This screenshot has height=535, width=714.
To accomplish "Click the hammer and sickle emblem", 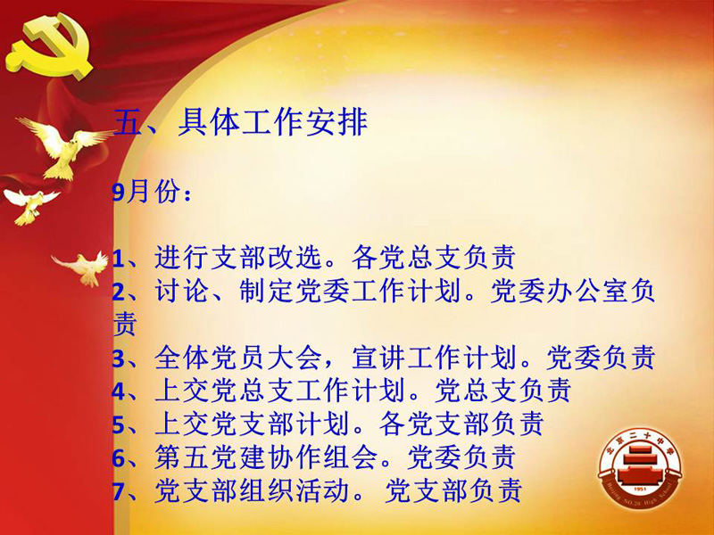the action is (x=49, y=46).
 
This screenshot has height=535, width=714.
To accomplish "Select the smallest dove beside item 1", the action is (x=82, y=268).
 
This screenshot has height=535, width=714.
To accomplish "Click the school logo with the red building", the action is (x=640, y=470).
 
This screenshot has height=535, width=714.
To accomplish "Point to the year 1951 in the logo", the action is (x=640, y=490).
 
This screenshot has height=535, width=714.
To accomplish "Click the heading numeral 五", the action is (x=129, y=122).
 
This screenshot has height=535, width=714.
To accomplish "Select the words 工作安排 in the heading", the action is (x=304, y=122).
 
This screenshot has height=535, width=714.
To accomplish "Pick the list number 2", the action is (x=119, y=292).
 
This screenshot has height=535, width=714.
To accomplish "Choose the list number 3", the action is (x=119, y=359).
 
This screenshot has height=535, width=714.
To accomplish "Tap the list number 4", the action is (x=119, y=391).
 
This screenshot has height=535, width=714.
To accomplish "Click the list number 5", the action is (x=119, y=425).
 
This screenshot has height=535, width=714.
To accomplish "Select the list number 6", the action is (x=119, y=458).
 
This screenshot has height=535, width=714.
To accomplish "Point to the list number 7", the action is (x=119, y=492).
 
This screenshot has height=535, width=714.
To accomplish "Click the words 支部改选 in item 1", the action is (x=266, y=258).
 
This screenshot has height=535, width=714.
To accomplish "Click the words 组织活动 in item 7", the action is (x=295, y=491).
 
